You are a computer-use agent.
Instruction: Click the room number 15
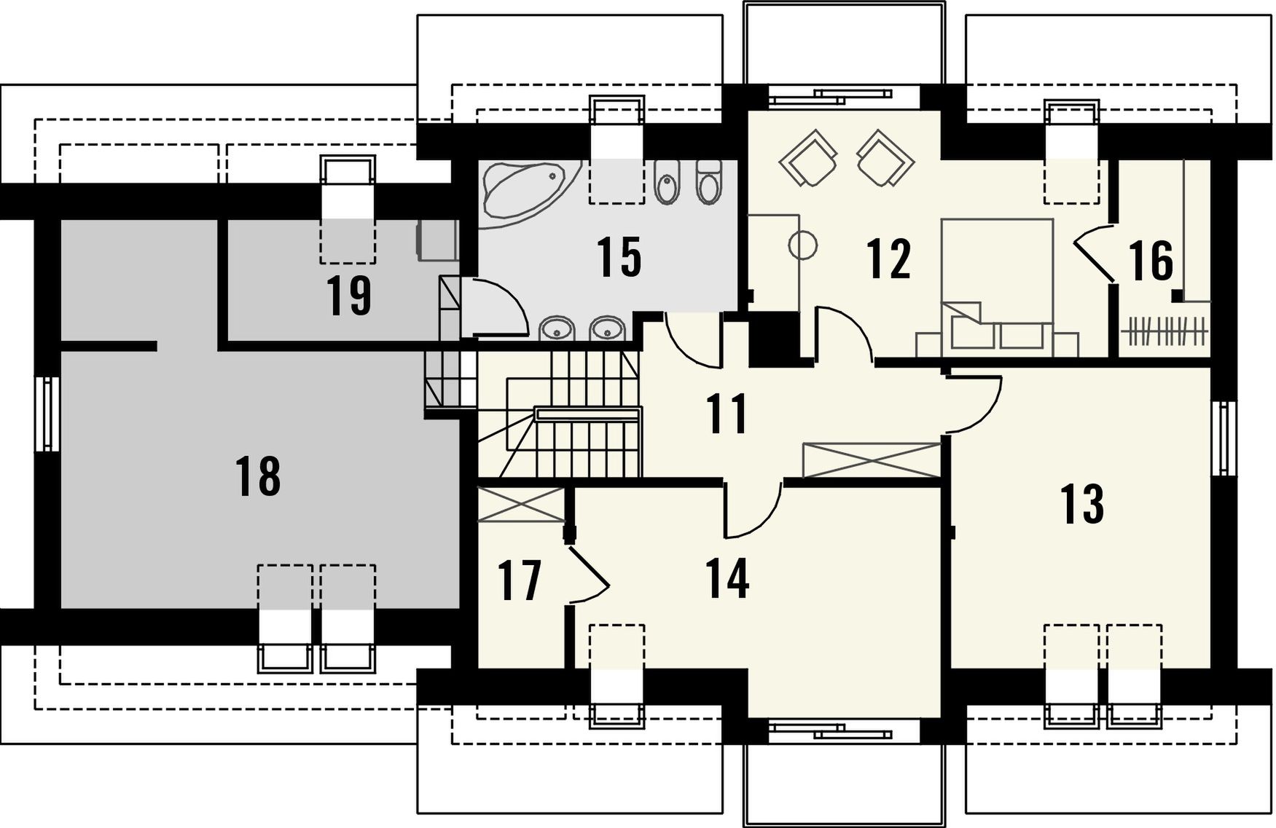[619, 256]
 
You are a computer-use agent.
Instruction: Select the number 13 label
[1081, 504]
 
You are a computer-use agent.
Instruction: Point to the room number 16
[1151, 260]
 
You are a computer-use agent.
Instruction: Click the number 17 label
[520, 580]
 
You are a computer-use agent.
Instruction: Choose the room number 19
[349, 296]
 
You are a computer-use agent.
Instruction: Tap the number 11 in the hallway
[727, 413]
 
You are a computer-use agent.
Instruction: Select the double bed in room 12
[998, 287]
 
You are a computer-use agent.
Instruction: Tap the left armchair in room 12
[807, 158]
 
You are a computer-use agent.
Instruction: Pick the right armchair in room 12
[885, 158]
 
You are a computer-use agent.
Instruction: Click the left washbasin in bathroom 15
[557, 329]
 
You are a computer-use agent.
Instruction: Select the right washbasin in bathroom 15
[606, 329]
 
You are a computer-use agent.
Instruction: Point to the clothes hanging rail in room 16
[1165, 331]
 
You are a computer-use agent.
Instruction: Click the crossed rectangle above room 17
[522, 505]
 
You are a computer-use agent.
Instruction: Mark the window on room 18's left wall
[47, 413]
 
